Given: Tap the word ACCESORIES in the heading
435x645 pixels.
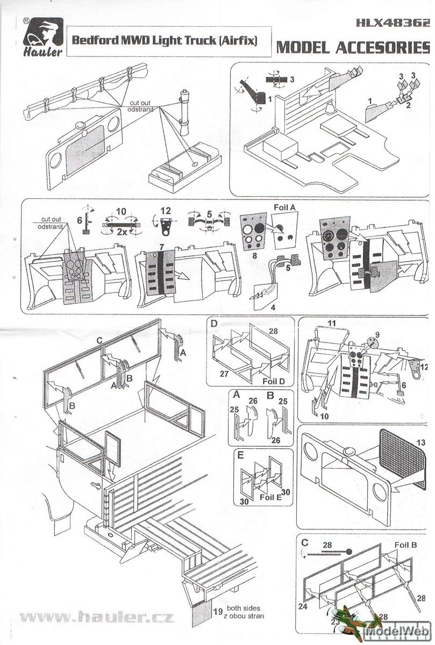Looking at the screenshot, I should tap(383, 47).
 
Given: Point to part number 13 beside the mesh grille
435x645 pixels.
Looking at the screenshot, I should tap(420, 442).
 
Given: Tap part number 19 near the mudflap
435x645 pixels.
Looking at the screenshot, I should tap(217, 612).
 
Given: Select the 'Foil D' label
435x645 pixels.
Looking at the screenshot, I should tap(274, 381).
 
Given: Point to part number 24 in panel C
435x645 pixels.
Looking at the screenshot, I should tap(302, 606).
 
